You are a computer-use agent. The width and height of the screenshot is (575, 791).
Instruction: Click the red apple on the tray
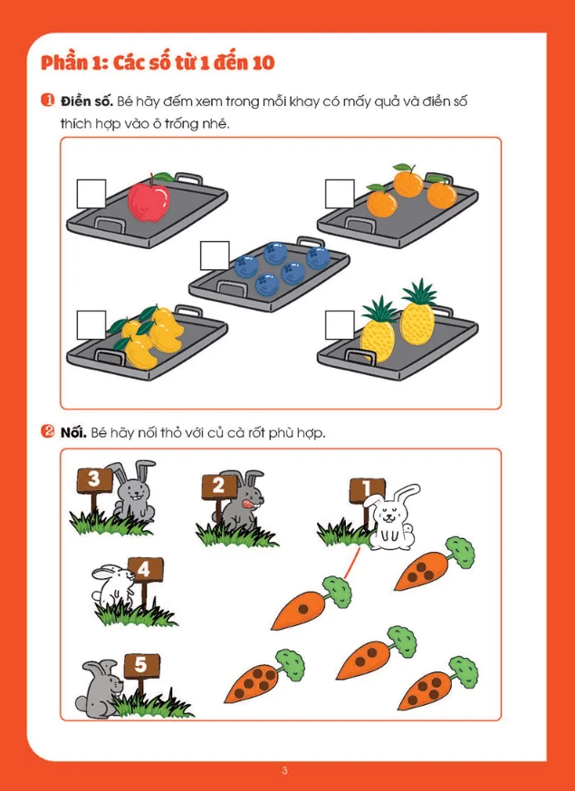[x=149, y=199]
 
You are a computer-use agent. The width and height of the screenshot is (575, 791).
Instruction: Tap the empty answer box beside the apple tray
[x=91, y=194]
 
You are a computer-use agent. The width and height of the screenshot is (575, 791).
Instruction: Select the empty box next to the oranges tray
[x=340, y=194]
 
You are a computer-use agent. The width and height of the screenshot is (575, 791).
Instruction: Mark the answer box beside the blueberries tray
[x=215, y=256]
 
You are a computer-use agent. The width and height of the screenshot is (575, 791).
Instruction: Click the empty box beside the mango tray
[x=91, y=325]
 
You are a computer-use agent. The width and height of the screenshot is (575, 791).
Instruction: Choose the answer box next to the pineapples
[x=340, y=325]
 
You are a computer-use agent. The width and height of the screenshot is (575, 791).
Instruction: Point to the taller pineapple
[x=417, y=312]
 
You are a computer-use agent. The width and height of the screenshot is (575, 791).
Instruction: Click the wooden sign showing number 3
[x=95, y=479]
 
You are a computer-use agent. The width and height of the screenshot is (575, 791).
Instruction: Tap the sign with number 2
[x=219, y=487]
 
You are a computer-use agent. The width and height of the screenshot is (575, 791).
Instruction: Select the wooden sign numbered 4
[x=145, y=570]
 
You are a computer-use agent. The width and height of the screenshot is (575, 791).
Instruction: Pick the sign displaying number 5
[x=141, y=666]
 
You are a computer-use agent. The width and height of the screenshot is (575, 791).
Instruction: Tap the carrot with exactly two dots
[x=377, y=652]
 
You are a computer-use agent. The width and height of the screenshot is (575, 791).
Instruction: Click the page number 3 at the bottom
[x=284, y=771]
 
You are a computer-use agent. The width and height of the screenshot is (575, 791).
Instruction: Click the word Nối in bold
[x=74, y=433]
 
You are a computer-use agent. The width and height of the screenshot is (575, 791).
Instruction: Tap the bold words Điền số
[x=86, y=101]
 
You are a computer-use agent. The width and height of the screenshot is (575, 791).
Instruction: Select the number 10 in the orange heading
[x=262, y=63]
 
